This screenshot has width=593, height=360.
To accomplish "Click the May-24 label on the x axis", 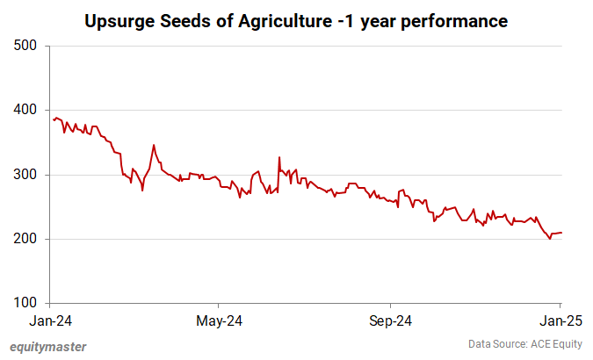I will click(220, 320).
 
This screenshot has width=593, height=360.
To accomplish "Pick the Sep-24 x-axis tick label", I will click(391, 320).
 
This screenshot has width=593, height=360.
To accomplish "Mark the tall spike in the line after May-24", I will click(279, 158).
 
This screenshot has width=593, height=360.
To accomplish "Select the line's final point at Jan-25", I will click(560, 233).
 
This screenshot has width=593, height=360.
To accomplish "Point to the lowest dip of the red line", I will click(550, 238).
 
